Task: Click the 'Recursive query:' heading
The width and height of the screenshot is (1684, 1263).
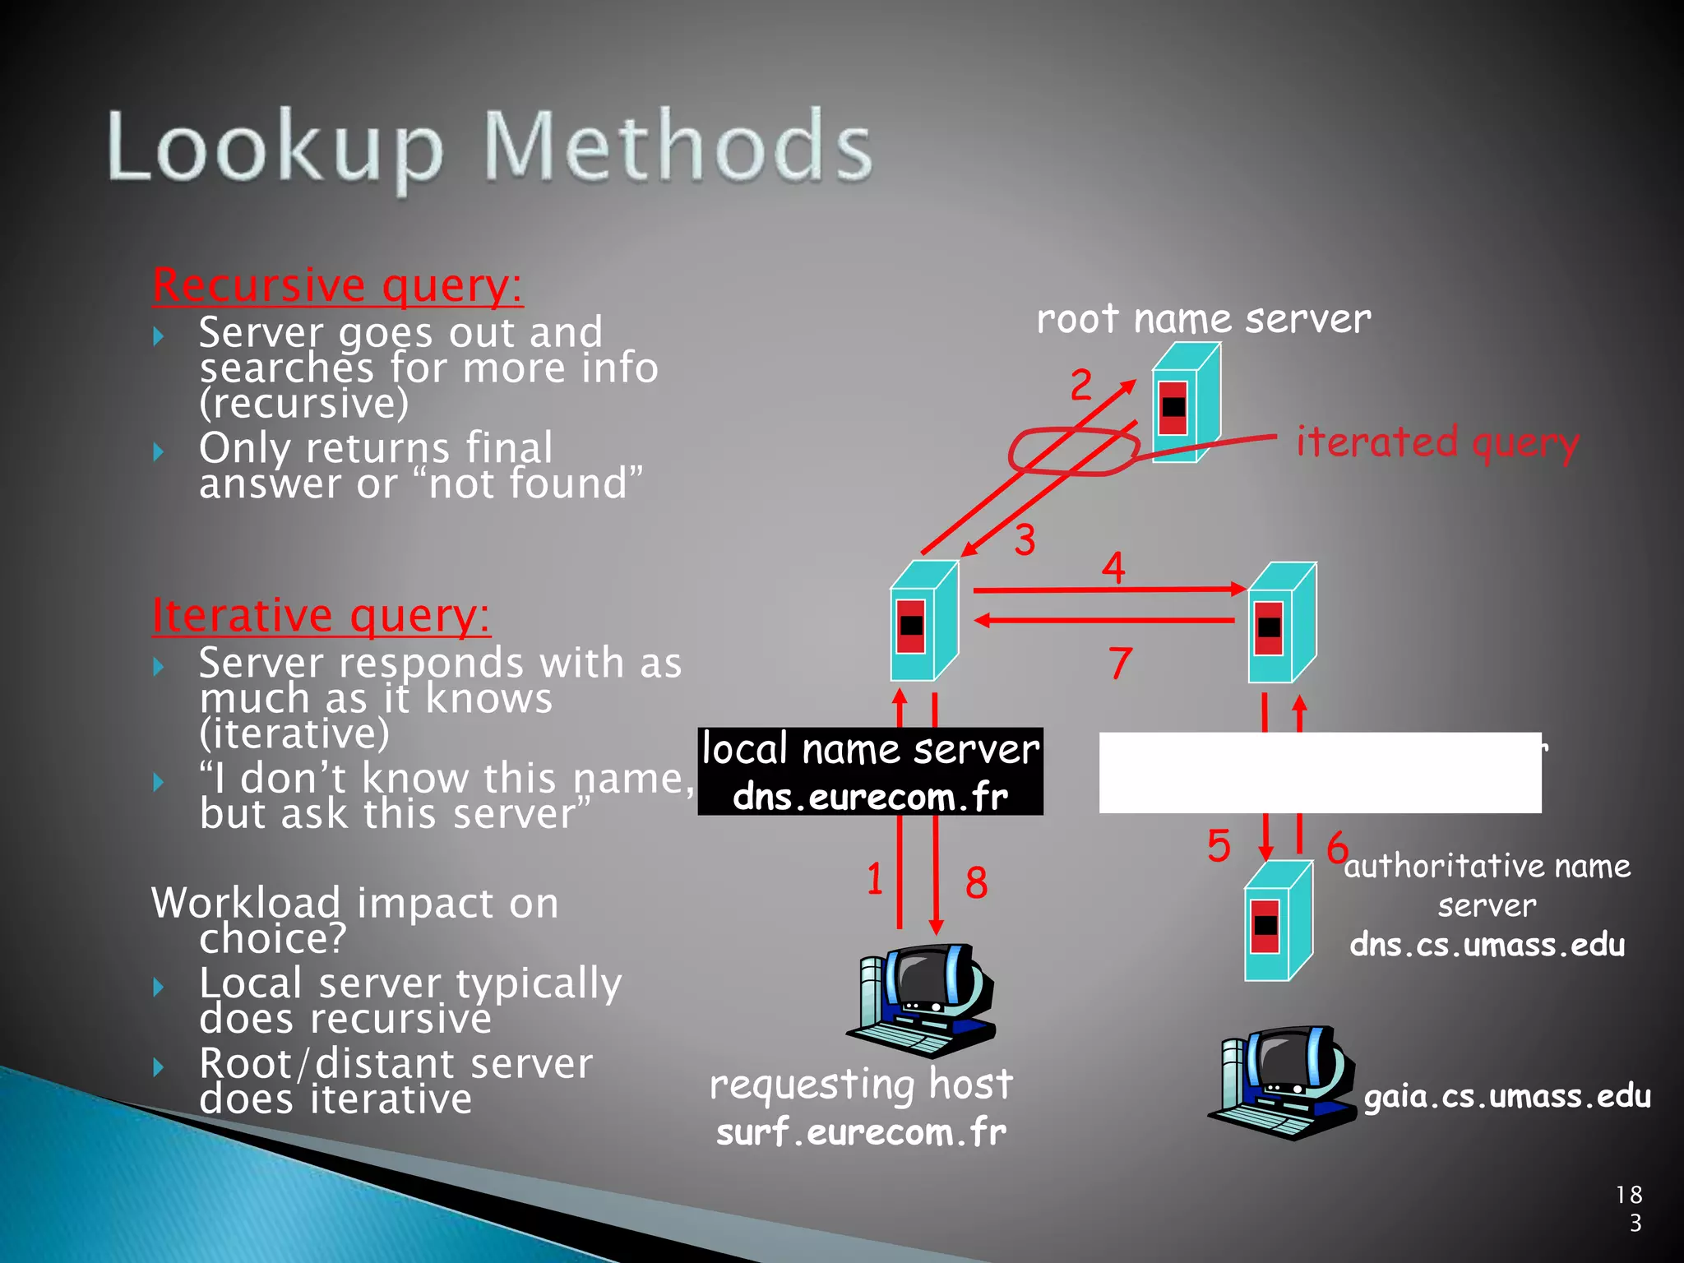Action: (x=337, y=286)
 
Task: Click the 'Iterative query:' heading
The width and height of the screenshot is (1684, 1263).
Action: (x=321, y=616)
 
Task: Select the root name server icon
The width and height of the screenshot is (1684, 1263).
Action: (x=1185, y=403)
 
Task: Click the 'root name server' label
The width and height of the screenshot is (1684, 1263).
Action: (x=1203, y=319)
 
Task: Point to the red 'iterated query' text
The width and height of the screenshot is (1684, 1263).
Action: (x=1436, y=442)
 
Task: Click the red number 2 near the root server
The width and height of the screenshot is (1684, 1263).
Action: (x=1080, y=385)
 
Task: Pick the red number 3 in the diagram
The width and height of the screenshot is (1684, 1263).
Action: (x=1025, y=540)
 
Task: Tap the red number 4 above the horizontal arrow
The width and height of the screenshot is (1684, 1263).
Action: (x=1113, y=567)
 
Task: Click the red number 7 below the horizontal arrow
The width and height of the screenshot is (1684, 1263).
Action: (x=1120, y=663)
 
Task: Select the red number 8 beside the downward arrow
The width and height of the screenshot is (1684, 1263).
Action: (x=976, y=883)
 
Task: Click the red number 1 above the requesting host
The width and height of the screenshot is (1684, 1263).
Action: (x=874, y=878)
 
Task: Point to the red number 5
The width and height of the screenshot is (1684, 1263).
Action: (x=1219, y=846)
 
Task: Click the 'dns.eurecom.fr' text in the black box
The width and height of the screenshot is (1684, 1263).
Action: (x=870, y=796)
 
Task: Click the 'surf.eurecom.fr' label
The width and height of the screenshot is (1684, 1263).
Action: (x=861, y=1132)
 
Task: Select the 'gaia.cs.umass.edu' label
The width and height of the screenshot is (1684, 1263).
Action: (x=1506, y=1096)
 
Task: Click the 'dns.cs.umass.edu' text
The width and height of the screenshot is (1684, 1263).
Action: (x=1487, y=945)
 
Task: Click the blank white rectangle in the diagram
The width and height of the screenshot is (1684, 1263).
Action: (x=1319, y=773)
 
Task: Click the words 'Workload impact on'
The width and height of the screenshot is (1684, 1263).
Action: (x=355, y=903)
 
